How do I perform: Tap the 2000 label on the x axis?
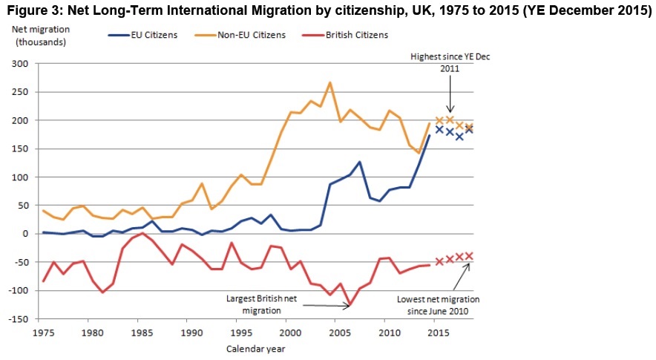290,331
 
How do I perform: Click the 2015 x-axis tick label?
438,331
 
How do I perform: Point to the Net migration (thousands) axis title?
38,34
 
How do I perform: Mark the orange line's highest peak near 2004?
329,82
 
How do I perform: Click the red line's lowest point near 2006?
350,304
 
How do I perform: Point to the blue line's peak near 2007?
359,162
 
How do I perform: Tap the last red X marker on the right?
469,255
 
